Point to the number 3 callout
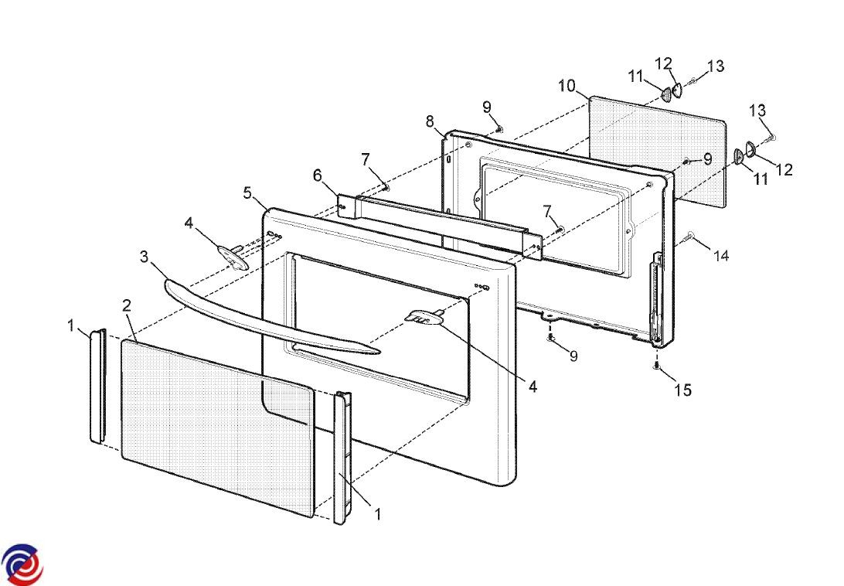(x=144, y=256)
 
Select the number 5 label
(x=247, y=192)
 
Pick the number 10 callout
(x=567, y=86)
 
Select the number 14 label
(x=720, y=255)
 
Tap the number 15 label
(x=682, y=390)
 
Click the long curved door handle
(x=271, y=317)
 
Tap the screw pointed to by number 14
(x=690, y=234)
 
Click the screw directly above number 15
(x=655, y=366)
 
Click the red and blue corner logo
(x=22, y=564)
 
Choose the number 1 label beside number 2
(x=72, y=326)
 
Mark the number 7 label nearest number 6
(x=365, y=158)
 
